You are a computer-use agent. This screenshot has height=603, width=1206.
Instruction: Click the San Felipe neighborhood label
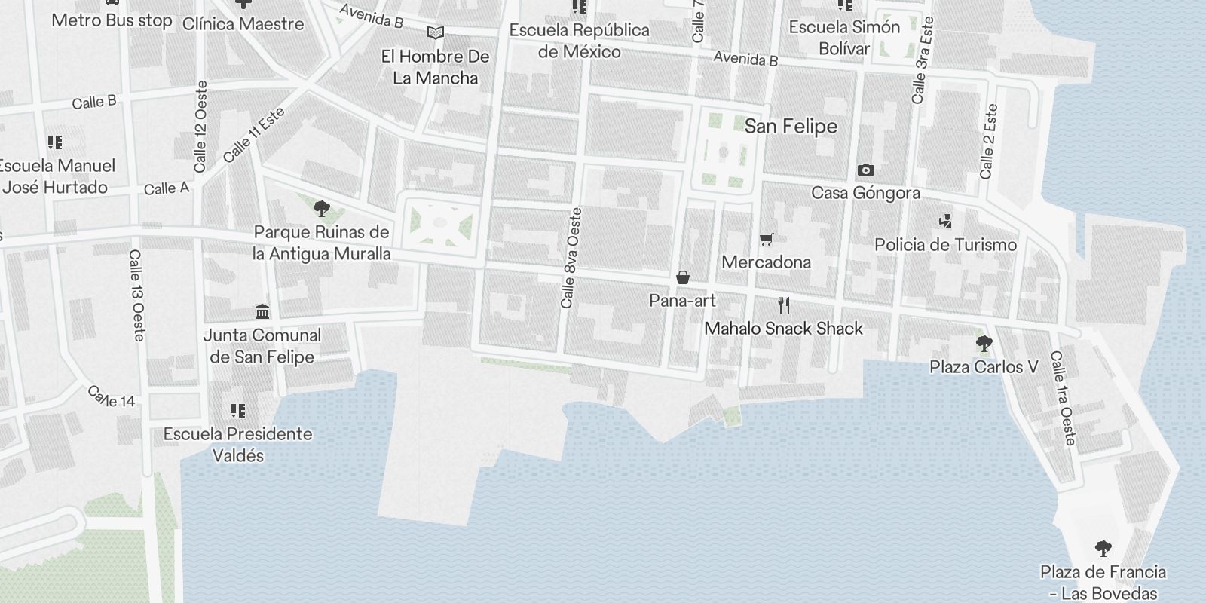tap(791, 126)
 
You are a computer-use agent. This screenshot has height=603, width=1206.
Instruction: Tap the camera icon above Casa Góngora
tap(866, 170)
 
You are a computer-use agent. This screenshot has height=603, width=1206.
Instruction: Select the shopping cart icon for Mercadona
tap(767, 240)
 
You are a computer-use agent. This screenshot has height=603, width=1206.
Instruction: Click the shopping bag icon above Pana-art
tap(683, 277)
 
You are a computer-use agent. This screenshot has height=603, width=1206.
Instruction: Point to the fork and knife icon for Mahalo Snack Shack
tap(784, 305)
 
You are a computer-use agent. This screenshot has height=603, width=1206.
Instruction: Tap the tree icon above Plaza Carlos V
tap(984, 344)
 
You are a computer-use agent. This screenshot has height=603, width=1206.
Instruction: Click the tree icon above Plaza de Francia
tap(1103, 549)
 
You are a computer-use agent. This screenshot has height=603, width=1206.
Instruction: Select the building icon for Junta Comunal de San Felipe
tap(262, 311)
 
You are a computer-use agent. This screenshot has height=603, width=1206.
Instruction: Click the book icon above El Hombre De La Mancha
tap(435, 32)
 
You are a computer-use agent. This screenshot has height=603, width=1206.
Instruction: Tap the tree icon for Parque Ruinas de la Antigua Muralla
tap(322, 209)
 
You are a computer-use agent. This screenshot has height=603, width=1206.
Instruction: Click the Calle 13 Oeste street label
tap(136, 295)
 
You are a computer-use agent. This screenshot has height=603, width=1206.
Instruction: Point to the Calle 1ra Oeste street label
tap(1063, 398)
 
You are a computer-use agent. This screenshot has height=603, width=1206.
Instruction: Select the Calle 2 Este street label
tap(988, 141)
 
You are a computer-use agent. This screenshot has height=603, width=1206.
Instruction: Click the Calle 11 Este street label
tap(255, 136)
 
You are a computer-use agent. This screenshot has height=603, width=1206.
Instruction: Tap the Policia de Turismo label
tap(945, 245)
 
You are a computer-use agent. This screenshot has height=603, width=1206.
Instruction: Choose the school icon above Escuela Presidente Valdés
tap(238, 411)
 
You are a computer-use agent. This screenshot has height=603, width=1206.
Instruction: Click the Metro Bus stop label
tap(112, 20)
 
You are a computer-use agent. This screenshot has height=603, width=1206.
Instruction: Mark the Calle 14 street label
tap(112, 397)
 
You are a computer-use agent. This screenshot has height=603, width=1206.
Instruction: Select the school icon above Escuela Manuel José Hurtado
tap(54, 142)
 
